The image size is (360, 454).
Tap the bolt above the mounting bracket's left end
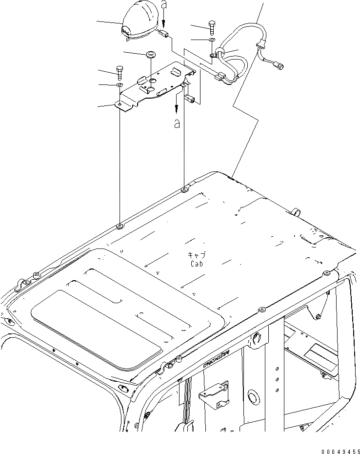click(x=120, y=72)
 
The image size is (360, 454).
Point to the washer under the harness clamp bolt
click(x=212, y=39)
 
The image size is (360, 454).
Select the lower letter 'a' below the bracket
click(x=176, y=124)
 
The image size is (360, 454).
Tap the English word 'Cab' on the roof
click(x=197, y=264)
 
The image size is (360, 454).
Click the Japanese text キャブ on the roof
click(x=197, y=255)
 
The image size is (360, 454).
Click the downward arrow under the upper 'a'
click(x=164, y=20)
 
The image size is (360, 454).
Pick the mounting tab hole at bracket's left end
click(x=119, y=103)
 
